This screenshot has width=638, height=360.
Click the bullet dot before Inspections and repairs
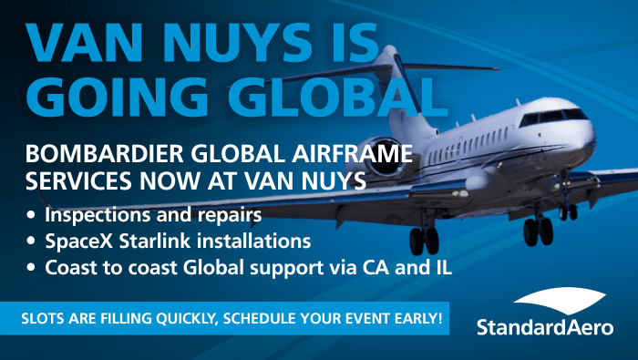pos(31,214)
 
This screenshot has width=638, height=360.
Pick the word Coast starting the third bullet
pos(70,268)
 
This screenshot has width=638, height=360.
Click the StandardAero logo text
pos(545,327)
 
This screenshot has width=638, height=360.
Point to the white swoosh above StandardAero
pos(561,300)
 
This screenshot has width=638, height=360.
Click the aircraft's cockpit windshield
pos(554,117)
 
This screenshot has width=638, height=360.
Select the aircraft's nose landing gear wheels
pos(568,212)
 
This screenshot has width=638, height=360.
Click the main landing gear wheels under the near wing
pos(425,241)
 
